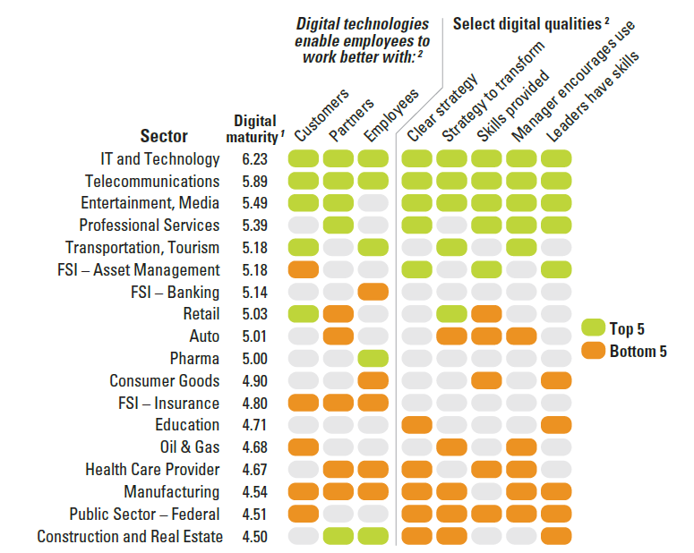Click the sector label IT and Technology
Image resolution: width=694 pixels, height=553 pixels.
pyautogui.click(x=160, y=159)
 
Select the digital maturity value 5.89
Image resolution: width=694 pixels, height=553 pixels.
pyautogui.click(x=254, y=182)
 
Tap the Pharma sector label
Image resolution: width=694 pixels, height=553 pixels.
pyautogui.click(x=194, y=359)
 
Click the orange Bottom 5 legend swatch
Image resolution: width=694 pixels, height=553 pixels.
pyautogui.click(x=593, y=351)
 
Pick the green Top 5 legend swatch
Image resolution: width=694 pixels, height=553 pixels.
pyautogui.click(x=593, y=328)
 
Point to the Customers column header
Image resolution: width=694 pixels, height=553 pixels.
pyautogui.click(x=314, y=121)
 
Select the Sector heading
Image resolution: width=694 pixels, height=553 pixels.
pyautogui.click(x=164, y=136)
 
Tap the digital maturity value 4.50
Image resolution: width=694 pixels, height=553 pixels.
pyautogui.click(x=254, y=537)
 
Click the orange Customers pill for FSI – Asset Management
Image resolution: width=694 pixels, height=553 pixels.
pyautogui.click(x=304, y=269)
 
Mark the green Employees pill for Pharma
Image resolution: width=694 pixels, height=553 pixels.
pyautogui.click(x=373, y=359)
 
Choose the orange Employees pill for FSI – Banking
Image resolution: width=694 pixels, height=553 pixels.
pyautogui.click(x=373, y=292)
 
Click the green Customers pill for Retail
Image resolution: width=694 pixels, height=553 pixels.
pyautogui.click(x=304, y=314)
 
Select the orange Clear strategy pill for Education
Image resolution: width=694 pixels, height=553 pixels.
pyautogui.click(x=417, y=425)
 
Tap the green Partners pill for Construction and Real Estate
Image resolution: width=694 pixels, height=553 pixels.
pyautogui.click(x=338, y=537)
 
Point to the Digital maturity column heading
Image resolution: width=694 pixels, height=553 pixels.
pyautogui.click(x=255, y=127)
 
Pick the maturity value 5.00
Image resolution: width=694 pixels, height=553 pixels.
pyautogui.click(x=254, y=359)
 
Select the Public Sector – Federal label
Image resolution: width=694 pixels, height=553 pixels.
pyautogui.click(x=144, y=515)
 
